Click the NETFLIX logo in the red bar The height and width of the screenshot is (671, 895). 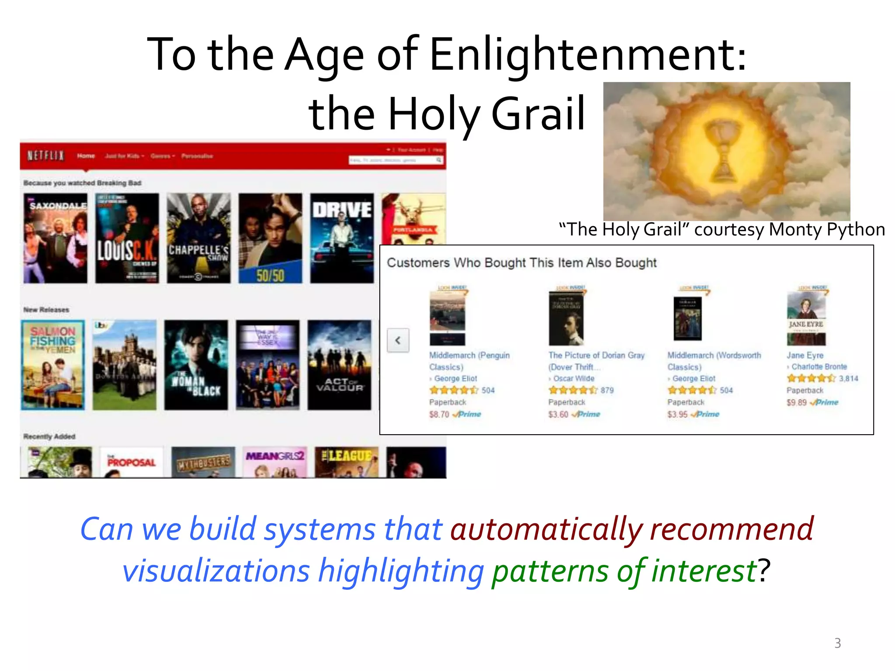[45, 156]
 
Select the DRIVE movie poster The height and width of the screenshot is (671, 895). [342, 239]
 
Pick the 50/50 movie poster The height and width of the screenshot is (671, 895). [270, 239]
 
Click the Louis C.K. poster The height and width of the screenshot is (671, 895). [127, 239]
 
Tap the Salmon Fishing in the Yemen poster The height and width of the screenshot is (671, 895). [53, 365]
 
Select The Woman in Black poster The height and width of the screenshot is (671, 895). [196, 365]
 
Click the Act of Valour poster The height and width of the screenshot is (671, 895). [340, 365]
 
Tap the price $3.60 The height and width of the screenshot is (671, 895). [558, 414]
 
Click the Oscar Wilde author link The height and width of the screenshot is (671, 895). [573, 378]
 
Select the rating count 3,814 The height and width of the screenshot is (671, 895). [848, 378]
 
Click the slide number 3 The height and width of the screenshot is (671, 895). [837, 643]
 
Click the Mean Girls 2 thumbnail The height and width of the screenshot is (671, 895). [275, 462]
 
